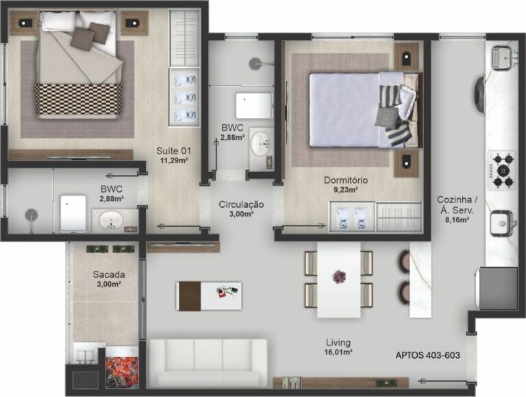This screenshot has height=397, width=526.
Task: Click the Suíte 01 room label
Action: pyautogui.click(x=175, y=151)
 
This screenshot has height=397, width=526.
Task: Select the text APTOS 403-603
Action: pyautogui.click(x=427, y=356)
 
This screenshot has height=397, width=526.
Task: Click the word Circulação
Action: pyautogui.click(x=241, y=204)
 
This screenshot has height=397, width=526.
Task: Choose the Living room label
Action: pyautogui.click(x=338, y=342)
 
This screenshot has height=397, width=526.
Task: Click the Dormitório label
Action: pyautogui.click(x=346, y=181)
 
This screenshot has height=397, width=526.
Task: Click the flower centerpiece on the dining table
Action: pyautogui.click(x=339, y=277)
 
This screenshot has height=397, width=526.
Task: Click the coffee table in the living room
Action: pyautogui.click(x=209, y=295)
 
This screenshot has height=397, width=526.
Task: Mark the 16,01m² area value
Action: pyautogui.click(x=338, y=352)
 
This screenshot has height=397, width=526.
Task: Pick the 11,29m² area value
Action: pyautogui.click(x=175, y=161)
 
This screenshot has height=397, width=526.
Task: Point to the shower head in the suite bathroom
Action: pyautogui.click(x=31, y=215)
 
